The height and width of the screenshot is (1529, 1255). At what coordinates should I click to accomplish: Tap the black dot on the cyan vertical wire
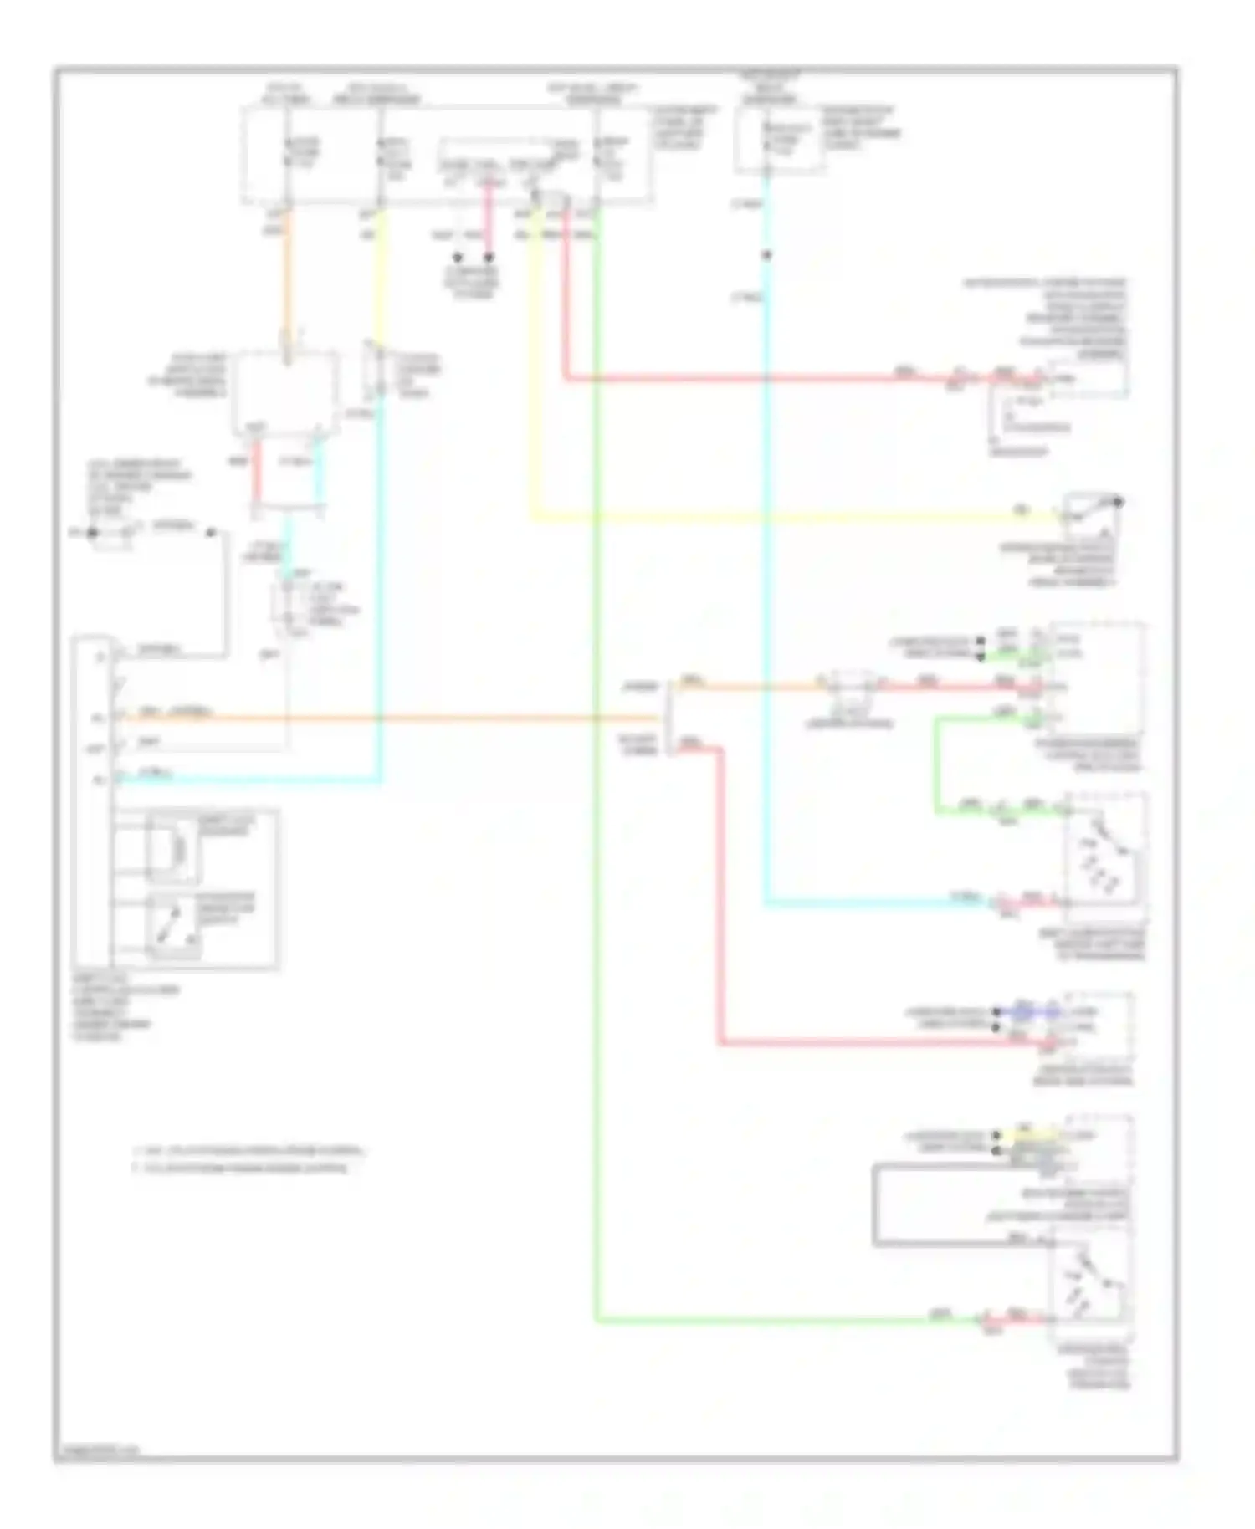point(766,255)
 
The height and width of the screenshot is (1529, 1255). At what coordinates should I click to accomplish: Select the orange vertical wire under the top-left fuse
point(287,276)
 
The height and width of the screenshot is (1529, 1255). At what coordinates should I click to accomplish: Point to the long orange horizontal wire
point(385,718)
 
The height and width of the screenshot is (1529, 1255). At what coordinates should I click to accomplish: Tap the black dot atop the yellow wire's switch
point(1118,501)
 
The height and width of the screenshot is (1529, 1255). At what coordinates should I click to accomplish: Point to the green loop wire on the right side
point(936,761)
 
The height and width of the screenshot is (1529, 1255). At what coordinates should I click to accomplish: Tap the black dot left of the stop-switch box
point(93,532)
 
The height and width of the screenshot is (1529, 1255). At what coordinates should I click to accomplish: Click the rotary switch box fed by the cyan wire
point(1103,862)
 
